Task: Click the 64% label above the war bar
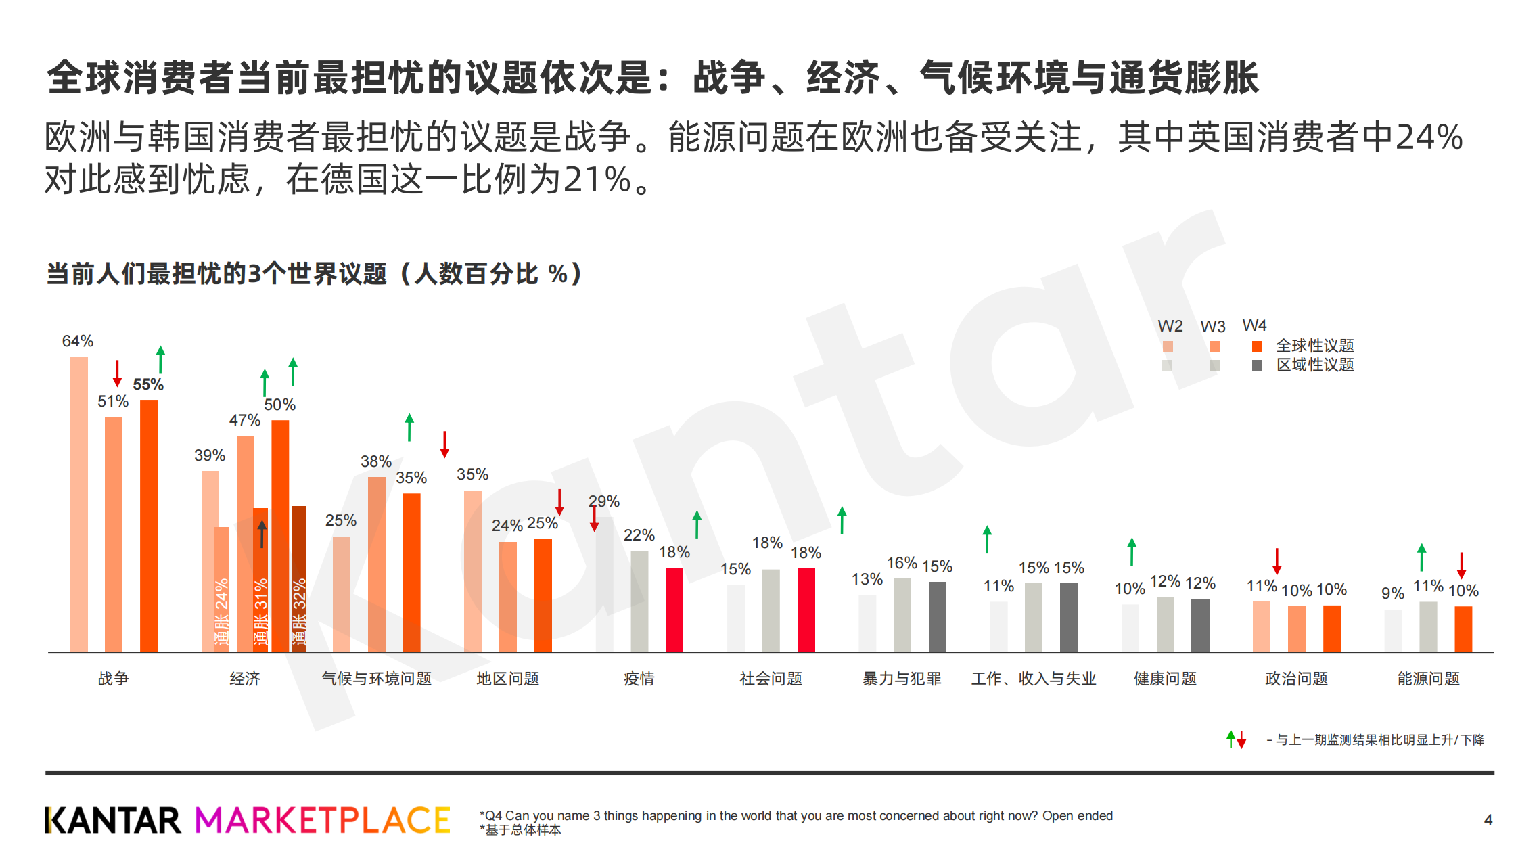pos(78,341)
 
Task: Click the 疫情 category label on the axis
pos(639,679)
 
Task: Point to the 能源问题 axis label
pos(1429,679)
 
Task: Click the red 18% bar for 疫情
pos(674,610)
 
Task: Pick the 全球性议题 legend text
pos(1315,346)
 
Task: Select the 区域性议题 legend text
pos(1315,365)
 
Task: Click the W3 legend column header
pos(1213,327)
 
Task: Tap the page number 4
pos(1488,820)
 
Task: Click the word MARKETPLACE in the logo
pos(323,820)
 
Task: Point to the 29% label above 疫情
pos(604,501)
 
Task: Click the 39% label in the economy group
pos(210,455)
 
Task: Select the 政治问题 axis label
pos(1297,679)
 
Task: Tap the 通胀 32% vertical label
pos(299,612)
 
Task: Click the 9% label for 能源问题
pos(1393,593)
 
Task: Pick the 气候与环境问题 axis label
pos(377,679)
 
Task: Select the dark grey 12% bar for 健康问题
pos(1200,625)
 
